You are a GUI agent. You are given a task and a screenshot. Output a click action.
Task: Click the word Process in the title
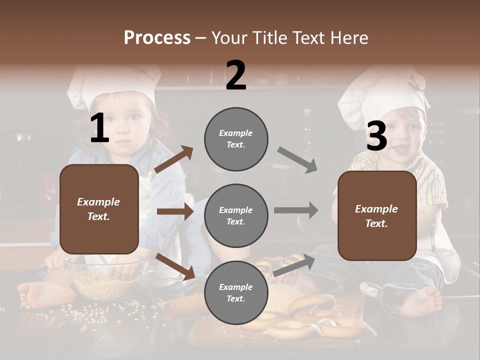[x=157, y=37]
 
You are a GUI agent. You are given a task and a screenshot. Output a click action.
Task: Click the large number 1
[x=99, y=128]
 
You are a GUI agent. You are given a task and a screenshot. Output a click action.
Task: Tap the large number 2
[x=236, y=75]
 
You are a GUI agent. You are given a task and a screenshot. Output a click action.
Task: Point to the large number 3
[x=376, y=136]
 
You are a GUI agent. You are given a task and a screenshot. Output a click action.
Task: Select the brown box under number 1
[x=99, y=209]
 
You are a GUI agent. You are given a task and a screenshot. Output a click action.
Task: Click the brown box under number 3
[x=377, y=215]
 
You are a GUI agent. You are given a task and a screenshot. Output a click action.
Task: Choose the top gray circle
[x=236, y=138]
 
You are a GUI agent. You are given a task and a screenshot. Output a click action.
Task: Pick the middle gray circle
[x=236, y=215]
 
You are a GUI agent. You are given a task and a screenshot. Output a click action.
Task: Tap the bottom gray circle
[x=236, y=292]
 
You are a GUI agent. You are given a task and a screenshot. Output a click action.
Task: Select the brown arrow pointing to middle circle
[x=175, y=211]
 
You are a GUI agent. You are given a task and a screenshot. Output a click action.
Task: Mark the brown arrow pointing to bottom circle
[x=175, y=266]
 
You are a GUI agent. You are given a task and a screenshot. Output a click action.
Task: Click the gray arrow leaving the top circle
[x=297, y=160]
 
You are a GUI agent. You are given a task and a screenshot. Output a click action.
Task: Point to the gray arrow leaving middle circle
[x=296, y=210]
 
